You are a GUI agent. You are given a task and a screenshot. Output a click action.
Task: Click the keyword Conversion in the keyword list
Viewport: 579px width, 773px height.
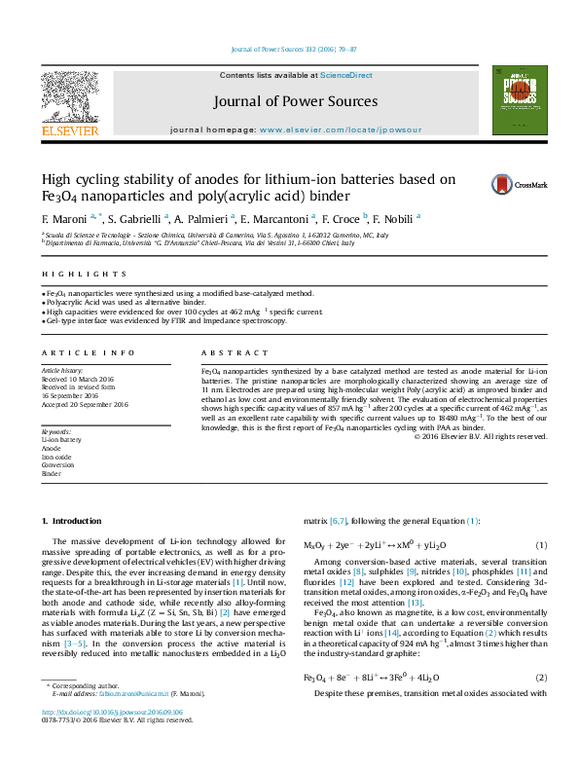57,465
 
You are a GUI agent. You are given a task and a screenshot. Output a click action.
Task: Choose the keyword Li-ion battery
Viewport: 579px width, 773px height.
61,440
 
